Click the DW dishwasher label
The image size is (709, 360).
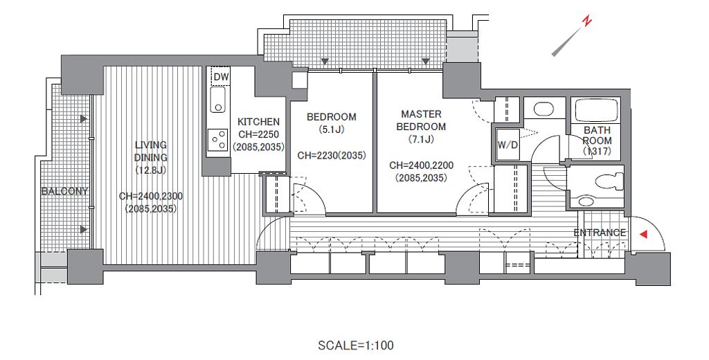pyautogui.click(x=221, y=77)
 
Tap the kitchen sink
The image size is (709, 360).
pyautogui.click(x=218, y=100)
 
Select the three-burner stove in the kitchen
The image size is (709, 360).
pyautogui.click(x=217, y=139)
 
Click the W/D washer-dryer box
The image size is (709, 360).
pyautogui.click(x=508, y=145)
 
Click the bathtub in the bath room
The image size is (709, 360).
pyautogui.click(x=595, y=110)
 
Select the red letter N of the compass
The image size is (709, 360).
pyautogui.click(x=587, y=21)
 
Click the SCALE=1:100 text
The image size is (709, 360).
pyautogui.click(x=355, y=346)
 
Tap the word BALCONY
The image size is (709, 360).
pyautogui.click(x=64, y=191)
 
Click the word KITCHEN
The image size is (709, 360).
pyautogui.click(x=259, y=122)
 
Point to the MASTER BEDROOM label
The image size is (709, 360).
pyautogui.click(x=421, y=120)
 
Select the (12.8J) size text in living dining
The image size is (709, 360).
pyautogui.click(x=150, y=170)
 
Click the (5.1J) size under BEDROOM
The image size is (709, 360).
pyautogui.click(x=332, y=129)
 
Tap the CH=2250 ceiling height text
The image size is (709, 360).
pyautogui.click(x=259, y=134)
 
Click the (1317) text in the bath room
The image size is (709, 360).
pyautogui.click(x=597, y=152)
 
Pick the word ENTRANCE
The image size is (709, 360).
pyautogui.click(x=600, y=233)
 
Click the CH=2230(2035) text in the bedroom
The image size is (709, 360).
pyautogui.click(x=332, y=156)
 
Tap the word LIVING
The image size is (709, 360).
pyautogui.click(x=151, y=145)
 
